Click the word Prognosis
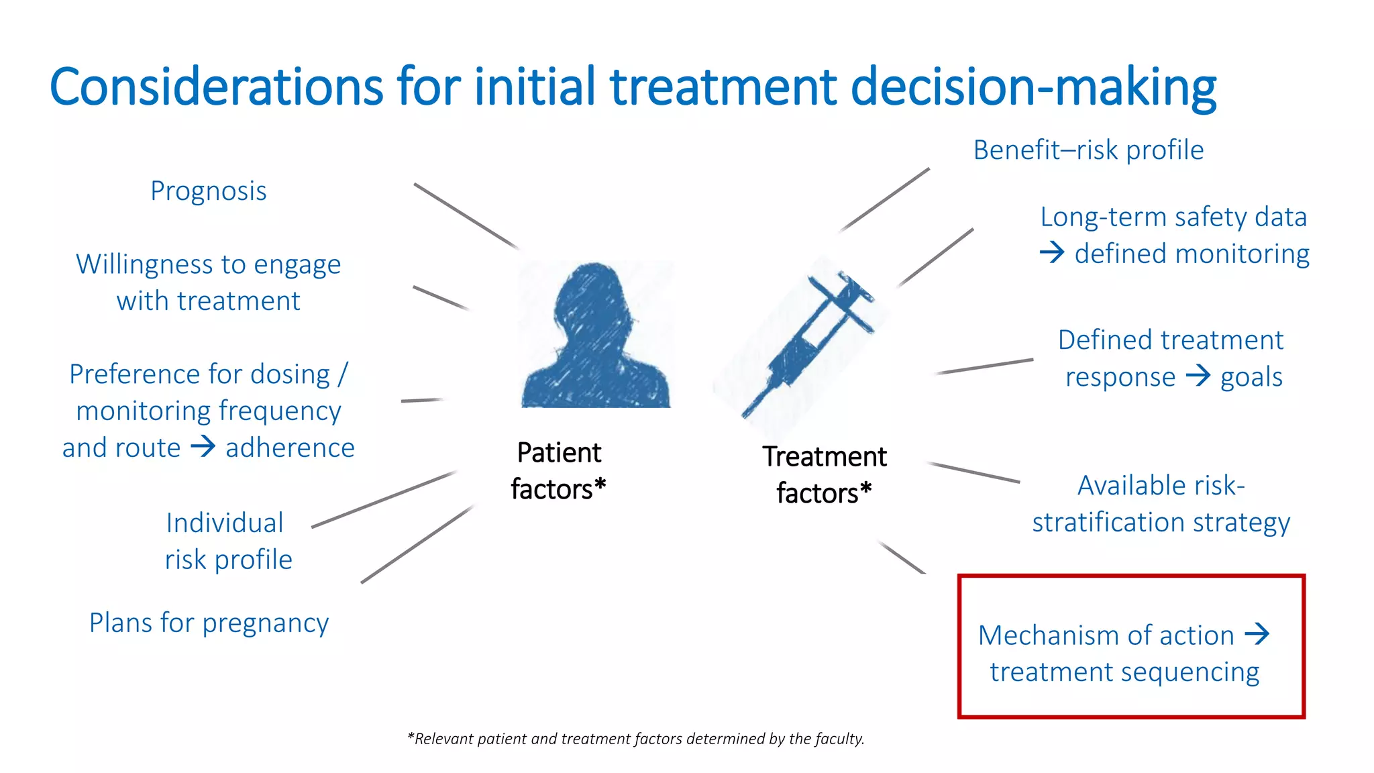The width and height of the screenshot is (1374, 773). point(208,191)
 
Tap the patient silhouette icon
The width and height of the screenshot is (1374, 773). point(596,336)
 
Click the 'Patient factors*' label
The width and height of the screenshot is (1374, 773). point(558,471)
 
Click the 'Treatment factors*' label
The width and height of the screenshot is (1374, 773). point(824,475)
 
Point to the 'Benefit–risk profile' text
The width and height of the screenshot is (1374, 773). point(1088,150)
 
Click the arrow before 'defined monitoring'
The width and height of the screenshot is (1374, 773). point(1052,254)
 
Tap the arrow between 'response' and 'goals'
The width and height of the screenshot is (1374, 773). point(1198,376)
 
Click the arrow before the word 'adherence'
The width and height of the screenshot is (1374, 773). point(203,447)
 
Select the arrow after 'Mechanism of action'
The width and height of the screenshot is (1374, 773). point(1257,634)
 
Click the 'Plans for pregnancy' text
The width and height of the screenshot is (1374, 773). point(209,623)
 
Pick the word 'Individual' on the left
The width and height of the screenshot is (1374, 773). point(224,523)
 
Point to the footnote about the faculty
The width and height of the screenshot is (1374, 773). point(635,739)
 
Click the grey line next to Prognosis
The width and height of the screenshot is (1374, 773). point(466,215)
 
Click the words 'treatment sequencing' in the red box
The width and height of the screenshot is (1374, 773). point(1124,672)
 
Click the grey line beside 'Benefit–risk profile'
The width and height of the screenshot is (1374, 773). point(884,200)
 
